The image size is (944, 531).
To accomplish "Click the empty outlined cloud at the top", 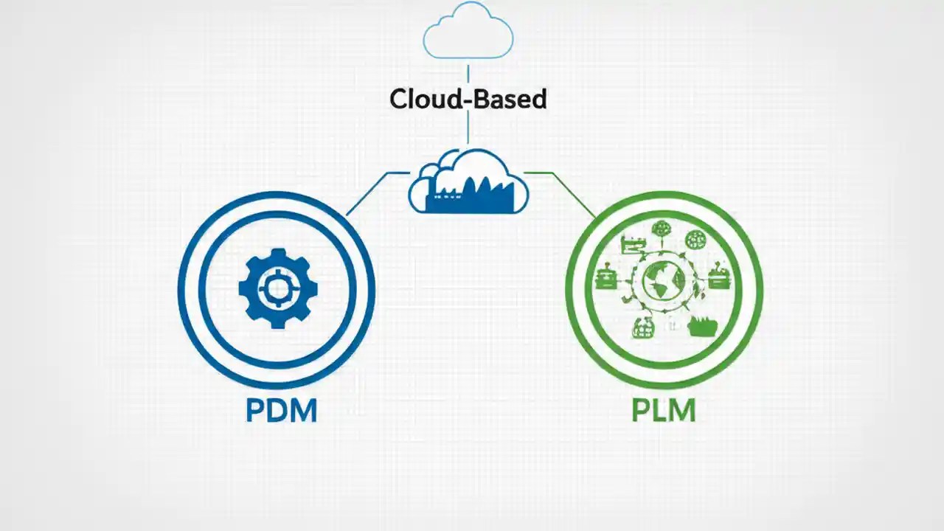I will coord(468,33).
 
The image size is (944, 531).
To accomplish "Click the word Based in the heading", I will coord(510,99).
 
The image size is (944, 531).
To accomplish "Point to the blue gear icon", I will coord(278,288).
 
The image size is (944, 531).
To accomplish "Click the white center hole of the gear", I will coord(278,288).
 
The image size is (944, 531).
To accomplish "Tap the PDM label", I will coord(281,411).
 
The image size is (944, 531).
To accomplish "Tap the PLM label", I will coord(664,411).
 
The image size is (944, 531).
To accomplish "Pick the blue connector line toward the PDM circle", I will coord(369,193).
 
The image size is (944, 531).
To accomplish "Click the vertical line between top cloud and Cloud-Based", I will coord(468,74).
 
